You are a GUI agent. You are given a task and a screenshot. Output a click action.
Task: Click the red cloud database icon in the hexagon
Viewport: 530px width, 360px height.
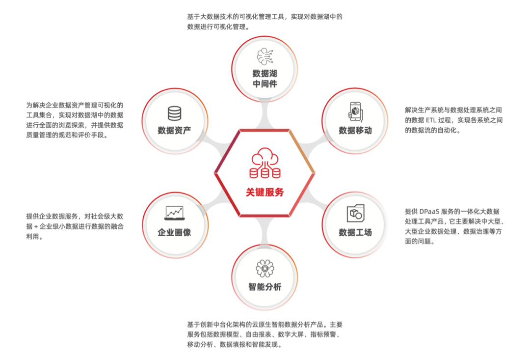(265, 165)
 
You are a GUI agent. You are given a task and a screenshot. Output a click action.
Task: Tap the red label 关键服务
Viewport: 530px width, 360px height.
(265, 192)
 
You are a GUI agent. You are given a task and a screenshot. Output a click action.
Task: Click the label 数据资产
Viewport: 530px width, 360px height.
(174, 130)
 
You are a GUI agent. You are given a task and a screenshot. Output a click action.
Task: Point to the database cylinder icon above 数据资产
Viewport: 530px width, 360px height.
(174, 113)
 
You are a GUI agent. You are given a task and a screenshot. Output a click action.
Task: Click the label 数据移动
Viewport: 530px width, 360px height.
(355, 130)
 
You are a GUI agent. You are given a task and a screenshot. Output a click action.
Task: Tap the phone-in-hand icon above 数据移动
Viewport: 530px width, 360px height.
(355, 111)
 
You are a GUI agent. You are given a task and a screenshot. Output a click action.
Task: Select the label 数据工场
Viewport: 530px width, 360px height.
(355, 232)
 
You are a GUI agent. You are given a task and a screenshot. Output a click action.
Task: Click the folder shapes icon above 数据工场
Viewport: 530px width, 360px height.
(355, 213)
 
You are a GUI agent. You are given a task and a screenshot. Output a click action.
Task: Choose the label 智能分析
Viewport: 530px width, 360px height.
(265, 287)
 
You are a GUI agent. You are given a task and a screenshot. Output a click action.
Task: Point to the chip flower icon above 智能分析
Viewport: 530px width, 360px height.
(265, 268)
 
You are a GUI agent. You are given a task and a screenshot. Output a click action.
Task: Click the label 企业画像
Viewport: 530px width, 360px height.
(174, 232)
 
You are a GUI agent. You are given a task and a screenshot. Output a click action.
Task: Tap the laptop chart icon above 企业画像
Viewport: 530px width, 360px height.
(174, 213)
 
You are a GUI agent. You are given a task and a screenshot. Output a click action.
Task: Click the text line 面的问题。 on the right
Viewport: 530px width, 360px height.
(420, 242)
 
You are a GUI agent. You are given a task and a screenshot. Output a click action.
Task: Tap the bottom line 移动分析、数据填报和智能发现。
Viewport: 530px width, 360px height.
(235, 345)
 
